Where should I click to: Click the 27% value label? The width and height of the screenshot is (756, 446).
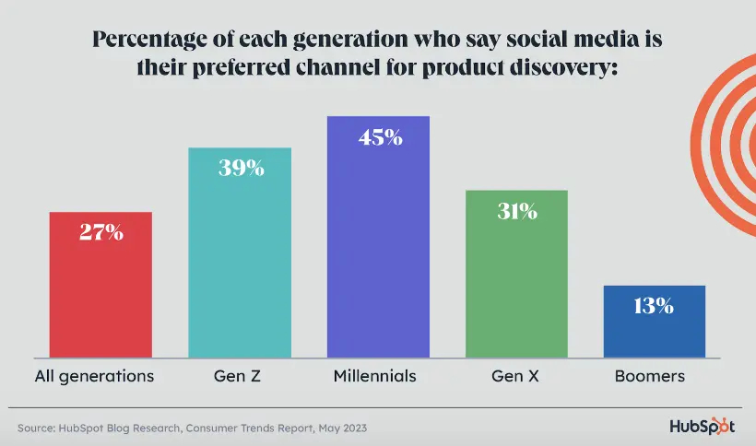[101, 233]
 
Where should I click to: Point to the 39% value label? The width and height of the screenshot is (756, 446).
[240, 169]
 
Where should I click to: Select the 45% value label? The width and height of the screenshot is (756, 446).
[378, 137]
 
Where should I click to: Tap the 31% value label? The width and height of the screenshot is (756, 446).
[516, 211]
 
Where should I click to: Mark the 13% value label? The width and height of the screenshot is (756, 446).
[655, 306]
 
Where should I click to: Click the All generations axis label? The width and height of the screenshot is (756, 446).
[94, 376]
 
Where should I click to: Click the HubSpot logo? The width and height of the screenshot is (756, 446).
[702, 428]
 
